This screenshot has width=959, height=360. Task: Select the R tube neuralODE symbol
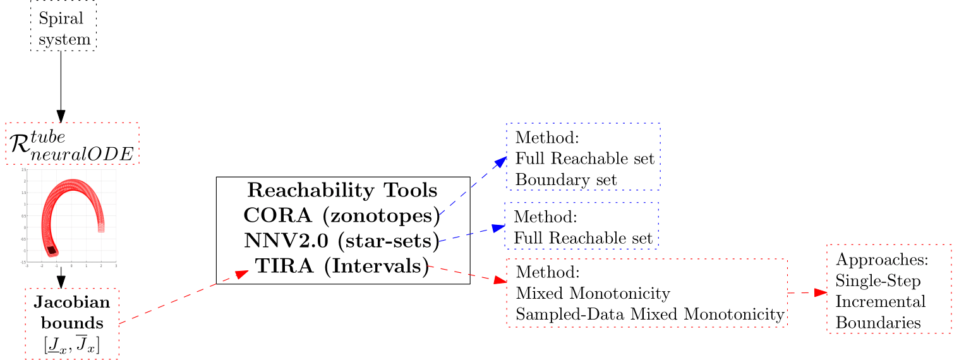pyautogui.click(x=71, y=144)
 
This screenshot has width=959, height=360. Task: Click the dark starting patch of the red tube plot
pyautogui.click(x=52, y=251)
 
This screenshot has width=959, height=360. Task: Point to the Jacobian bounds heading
pyautogui.click(x=72, y=313)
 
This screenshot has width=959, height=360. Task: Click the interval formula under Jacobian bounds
pyautogui.click(x=72, y=345)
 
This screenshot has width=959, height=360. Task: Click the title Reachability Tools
pyautogui.click(x=342, y=189)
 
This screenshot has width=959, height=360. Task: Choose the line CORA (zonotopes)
pyautogui.click(x=342, y=215)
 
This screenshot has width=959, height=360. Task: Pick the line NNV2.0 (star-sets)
pyautogui.click(x=342, y=241)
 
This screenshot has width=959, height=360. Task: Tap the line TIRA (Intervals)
pyautogui.click(x=342, y=266)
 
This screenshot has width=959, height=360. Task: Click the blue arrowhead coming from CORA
pyautogui.click(x=500, y=161)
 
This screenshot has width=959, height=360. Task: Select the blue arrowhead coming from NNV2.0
pyautogui.click(x=498, y=227)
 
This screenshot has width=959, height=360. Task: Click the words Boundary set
pyautogui.click(x=566, y=179)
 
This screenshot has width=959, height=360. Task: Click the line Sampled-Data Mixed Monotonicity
pyautogui.click(x=650, y=314)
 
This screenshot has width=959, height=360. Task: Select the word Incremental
pyautogui.click(x=880, y=301)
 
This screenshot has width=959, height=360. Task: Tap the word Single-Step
pyautogui.click(x=878, y=280)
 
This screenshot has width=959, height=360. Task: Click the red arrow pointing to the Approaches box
pyautogui.click(x=815, y=292)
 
